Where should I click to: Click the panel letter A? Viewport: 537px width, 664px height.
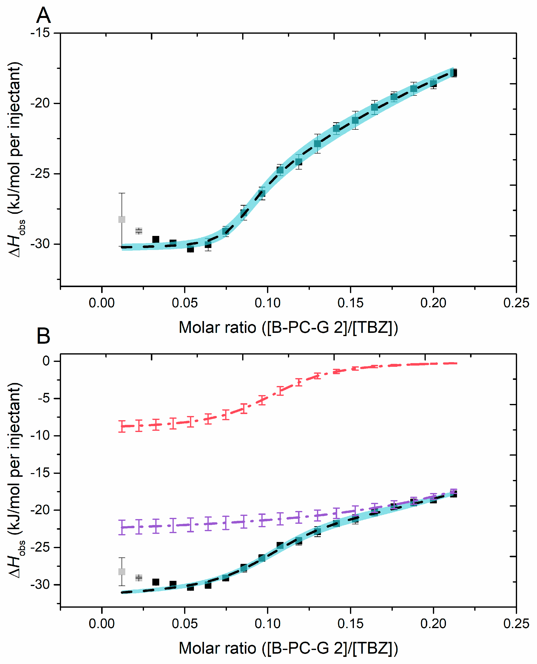click(43, 15)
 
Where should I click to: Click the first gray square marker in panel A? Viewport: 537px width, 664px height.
click(122, 219)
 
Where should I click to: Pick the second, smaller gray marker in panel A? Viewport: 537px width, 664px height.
click(139, 231)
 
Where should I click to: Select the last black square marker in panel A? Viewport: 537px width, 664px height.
click(454, 73)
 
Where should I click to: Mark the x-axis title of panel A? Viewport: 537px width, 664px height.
click(288, 327)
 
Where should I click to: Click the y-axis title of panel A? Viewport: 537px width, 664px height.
click(16, 159)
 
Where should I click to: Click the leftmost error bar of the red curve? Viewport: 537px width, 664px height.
click(122, 426)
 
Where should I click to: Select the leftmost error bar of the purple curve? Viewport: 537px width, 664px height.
click(122, 527)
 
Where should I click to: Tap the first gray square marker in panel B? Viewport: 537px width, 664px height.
click(122, 571)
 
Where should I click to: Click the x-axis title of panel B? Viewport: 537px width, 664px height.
click(288, 648)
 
